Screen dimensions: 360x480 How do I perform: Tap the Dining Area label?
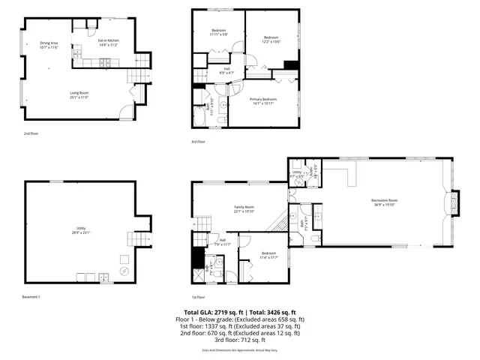tap(49, 43)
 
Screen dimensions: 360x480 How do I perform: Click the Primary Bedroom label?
tap(263, 99)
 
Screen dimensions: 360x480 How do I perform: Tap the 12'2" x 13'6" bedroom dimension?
tap(271, 41)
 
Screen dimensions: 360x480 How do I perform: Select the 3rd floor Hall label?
tap(226, 69)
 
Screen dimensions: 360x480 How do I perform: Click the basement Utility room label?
tap(80, 228)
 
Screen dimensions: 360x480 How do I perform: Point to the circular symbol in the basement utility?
tap(125, 271)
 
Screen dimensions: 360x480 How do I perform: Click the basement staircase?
tap(138, 239)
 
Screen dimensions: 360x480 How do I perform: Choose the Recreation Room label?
tap(383, 200)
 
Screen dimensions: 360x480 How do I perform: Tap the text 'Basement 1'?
tap(31, 297)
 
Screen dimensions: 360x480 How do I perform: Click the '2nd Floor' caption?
tap(30, 133)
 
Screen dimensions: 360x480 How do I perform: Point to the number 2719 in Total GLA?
tap(221, 312)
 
